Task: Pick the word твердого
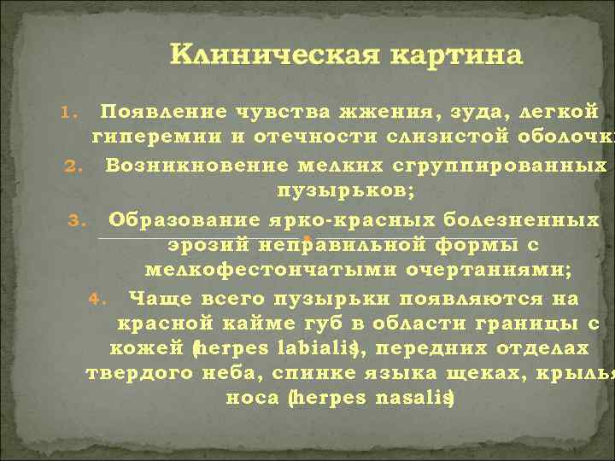coord(139,374)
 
